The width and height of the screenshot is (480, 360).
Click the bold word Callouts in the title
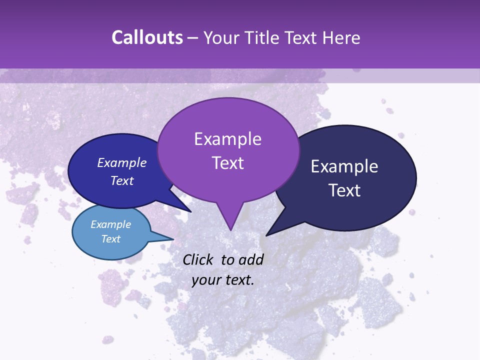pos(147,37)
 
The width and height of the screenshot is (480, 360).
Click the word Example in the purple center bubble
pos(227,139)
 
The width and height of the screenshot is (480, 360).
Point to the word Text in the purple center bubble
pos(227,163)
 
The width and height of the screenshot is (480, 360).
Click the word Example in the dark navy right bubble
pos(344,166)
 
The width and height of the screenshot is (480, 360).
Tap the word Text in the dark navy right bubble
pos(344,190)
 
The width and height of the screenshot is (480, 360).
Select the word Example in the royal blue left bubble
pos(122,162)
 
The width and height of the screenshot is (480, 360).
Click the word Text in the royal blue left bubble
pos(122,180)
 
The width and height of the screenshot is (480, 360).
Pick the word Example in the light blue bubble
pos(111,224)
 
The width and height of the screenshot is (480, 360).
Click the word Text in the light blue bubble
pos(111,239)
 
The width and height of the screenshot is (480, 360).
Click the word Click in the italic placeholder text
pos(198,259)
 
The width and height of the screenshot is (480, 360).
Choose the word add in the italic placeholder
pos(251,259)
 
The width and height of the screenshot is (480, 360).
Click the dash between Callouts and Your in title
pos(193,38)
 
